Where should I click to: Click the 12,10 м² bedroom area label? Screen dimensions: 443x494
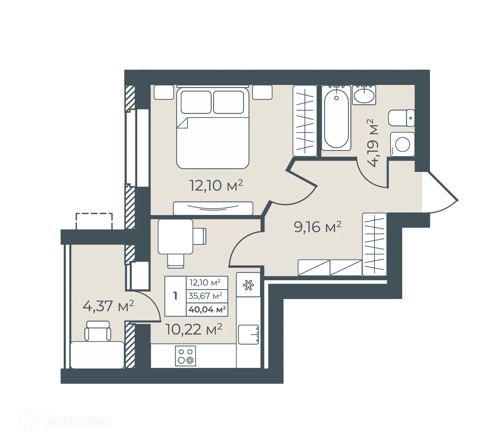216,185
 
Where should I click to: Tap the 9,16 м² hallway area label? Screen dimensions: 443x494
317,227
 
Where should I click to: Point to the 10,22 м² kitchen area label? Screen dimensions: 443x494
194,329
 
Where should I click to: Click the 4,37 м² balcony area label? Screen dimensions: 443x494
108,306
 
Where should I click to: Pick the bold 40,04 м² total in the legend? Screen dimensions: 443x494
207,309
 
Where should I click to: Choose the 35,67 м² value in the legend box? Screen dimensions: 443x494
205,296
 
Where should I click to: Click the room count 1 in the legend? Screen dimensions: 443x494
175,296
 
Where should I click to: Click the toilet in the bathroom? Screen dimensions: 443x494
401,118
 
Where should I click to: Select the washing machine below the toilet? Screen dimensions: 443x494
402,144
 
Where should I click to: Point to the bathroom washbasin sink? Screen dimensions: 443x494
364,95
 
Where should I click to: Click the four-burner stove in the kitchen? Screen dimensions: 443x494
185,356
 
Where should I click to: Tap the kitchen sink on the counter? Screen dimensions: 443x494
249,334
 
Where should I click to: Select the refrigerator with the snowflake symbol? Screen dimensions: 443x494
249,285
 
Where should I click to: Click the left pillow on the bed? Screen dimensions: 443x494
196,102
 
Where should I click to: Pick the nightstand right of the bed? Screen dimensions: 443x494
262,92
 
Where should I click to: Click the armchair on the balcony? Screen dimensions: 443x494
97,331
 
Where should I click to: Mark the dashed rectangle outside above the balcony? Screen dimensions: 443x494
94,221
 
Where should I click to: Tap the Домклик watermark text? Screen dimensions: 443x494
78,421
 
